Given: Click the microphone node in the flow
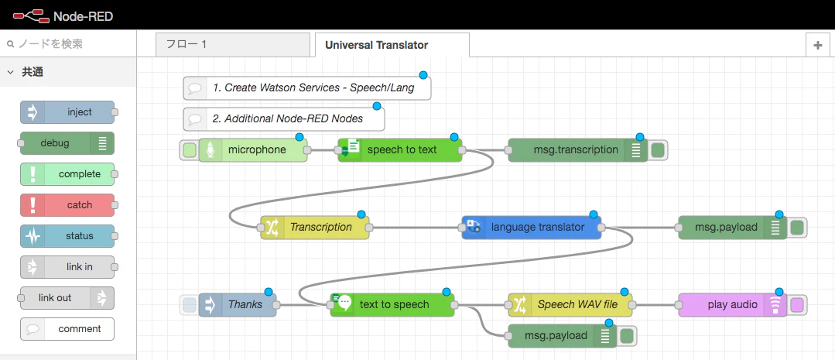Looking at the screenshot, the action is coord(253,150).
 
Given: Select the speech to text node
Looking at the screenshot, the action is coord(400,150).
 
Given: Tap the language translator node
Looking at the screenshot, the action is coord(532,228).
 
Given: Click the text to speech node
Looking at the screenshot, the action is coord(392,305).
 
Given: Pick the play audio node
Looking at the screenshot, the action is coord(732,305).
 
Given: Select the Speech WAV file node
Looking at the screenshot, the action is coord(570,305).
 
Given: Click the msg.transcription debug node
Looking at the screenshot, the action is coord(578,150).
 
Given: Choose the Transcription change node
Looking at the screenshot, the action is coord(315,228).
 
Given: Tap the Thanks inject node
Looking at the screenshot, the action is coord(238,305).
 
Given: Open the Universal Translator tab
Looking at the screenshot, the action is coord(392,45).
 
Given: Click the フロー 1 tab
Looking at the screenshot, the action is coord(233,45).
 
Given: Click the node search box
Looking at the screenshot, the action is coord(68,43).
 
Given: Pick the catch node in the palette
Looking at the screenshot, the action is coord(67,205).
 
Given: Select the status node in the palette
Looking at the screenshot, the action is coord(67,236).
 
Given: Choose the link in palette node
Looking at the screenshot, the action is coord(67,267).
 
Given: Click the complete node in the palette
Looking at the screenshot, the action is coord(67,174).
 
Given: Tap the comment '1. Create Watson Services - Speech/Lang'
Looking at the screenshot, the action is coord(307,87).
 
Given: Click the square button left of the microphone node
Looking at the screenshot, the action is coord(189,150).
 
